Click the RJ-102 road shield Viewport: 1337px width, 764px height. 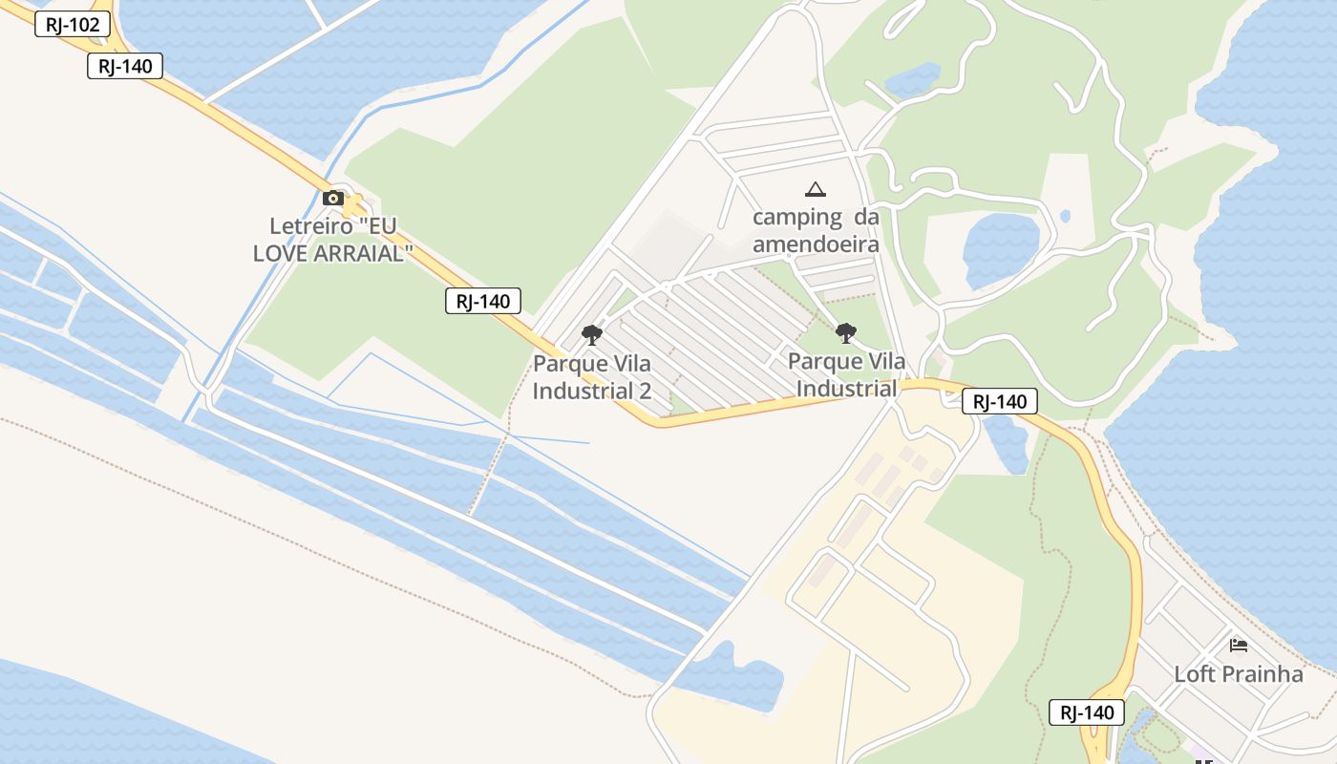[73, 25]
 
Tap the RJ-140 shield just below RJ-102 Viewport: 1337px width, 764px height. [125, 66]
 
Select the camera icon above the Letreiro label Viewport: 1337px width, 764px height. [333, 199]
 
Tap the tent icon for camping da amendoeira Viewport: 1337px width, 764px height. [815, 190]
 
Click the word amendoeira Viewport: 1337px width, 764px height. [816, 244]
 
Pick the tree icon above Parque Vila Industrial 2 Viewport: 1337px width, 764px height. [592, 335]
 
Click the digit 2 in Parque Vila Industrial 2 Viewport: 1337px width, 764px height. [645, 391]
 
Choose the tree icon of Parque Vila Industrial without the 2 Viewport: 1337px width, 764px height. [845, 333]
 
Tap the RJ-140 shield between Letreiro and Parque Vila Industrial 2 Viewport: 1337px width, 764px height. [483, 302]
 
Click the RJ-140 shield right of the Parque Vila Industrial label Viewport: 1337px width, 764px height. [1000, 402]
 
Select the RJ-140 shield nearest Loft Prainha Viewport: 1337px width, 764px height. [1087, 712]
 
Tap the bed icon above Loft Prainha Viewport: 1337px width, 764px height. [1239, 645]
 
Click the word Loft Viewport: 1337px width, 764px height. [1195, 674]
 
